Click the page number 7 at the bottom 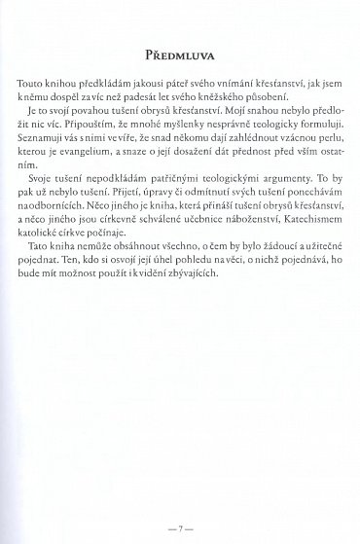pos(180,504)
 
